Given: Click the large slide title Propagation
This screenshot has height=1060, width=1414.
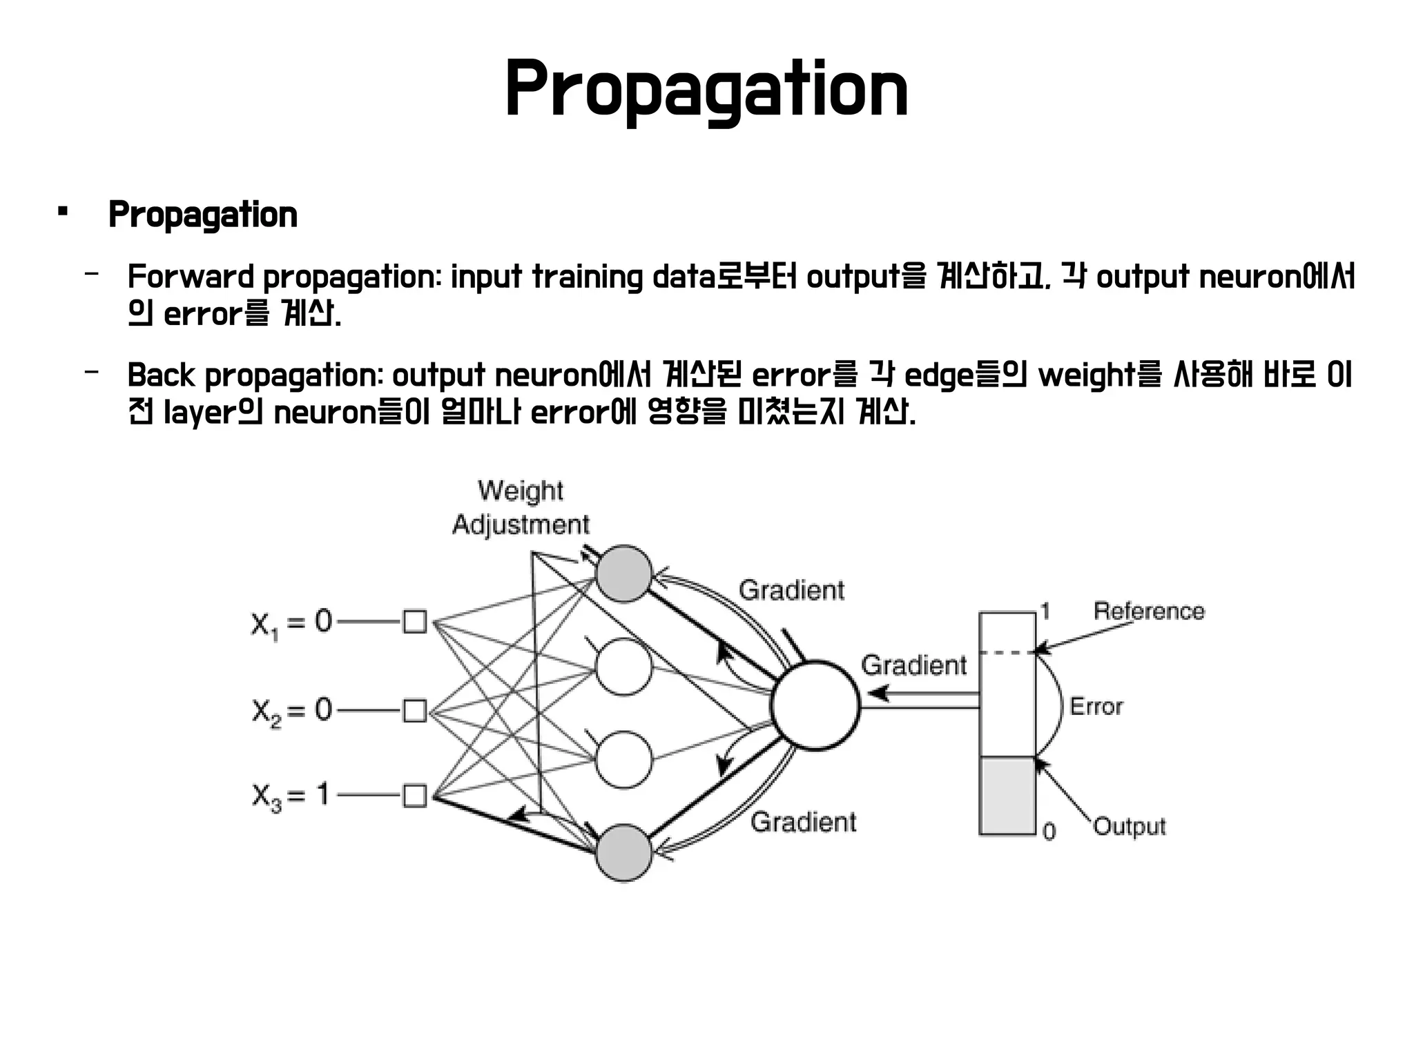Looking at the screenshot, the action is click(706, 90).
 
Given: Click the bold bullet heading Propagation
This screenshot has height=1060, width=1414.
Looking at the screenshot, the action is click(202, 215).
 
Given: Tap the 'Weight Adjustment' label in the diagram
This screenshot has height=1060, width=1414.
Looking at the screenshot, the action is click(521, 508).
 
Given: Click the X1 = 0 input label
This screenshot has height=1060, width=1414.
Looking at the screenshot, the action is click(291, 623).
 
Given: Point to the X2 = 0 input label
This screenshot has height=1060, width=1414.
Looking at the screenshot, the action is click(291, 711).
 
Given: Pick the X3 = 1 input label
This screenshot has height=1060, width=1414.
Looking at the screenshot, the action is click(290, 796).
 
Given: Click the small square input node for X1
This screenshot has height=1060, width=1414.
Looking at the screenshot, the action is click(414, 622).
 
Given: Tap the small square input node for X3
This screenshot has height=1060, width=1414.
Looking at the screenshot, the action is click(414, 796).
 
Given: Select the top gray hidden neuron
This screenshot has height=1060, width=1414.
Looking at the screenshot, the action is click(623, 573).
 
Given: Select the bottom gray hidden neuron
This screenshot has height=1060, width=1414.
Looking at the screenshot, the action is click(623, 853).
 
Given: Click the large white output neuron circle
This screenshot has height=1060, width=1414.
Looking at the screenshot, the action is click(815, 705).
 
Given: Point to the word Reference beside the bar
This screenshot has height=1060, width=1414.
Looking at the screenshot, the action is click(1148, 611).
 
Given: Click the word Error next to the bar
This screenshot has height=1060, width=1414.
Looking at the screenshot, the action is click(1096, 707).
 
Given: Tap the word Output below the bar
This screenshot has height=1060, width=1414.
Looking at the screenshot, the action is click(1130, 826).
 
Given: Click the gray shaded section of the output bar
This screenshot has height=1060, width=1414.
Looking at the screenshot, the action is click(1007, 796).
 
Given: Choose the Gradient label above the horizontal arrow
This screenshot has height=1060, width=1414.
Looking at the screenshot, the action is click(913, 665).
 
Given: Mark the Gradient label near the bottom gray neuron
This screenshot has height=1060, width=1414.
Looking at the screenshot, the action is click(803, 822).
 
